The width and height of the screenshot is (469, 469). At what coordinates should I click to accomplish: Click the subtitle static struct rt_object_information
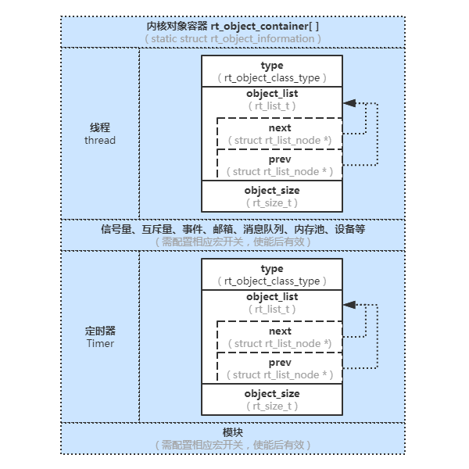click(x=232, y=38)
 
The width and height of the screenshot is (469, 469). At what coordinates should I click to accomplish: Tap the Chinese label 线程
click(x=100, y=127)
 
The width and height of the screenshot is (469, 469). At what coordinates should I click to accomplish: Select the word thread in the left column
click(x=100, y=140)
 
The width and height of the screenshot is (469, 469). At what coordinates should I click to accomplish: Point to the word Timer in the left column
click(x=100, y=343)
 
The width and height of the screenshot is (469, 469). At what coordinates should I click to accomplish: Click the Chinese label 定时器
click(x=100, y=330)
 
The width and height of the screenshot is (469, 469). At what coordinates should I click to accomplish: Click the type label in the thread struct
click(x=272, y=66)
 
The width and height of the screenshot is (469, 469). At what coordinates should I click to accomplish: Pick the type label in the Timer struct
click(x=272, y=269)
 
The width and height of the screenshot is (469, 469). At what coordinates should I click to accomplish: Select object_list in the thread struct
click(x=272, y=93)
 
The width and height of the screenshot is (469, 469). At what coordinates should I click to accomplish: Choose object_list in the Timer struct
click(x=272, y=296)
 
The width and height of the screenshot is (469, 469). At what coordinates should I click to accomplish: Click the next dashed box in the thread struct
click(x=279, y=134)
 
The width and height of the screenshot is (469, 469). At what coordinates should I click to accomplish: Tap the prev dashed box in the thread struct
click(x=279, y=165)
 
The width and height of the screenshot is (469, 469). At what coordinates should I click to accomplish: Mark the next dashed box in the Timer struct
click(x=279, y=337)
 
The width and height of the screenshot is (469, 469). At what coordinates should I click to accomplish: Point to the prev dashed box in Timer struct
click(x=279, y=368)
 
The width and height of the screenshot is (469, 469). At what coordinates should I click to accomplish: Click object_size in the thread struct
click(x=272, y=190)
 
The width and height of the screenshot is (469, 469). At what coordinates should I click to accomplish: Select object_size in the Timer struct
click(x=272, y=393)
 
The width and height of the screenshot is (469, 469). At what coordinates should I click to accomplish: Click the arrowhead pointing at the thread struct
click(x=349, y=103)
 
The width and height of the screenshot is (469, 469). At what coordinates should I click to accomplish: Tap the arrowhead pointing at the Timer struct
click(x=349, y=306)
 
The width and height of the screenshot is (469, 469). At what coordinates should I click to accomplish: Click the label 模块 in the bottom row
click(x=233, y=432)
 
